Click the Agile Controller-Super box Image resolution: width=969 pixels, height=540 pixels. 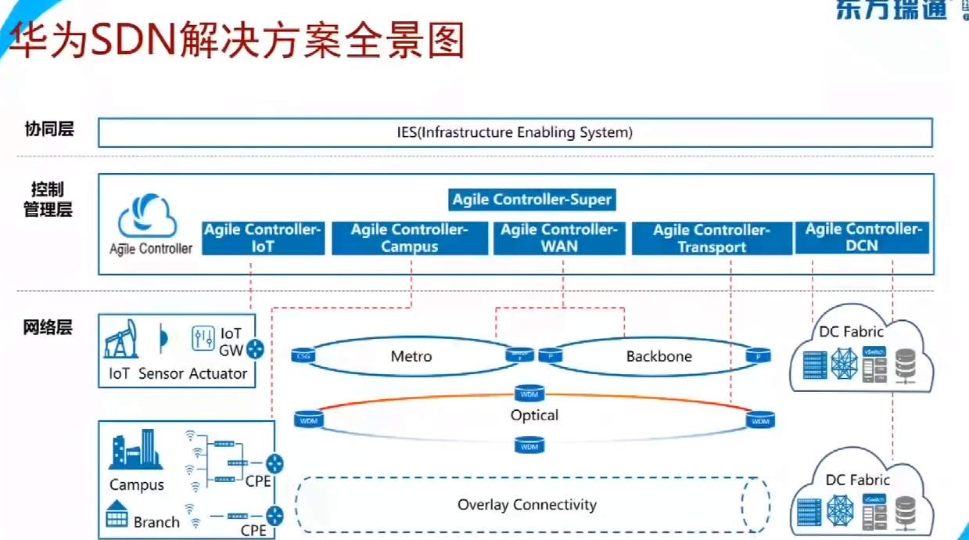tap(532, 200)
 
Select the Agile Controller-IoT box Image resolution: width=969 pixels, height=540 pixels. tap(263, 238)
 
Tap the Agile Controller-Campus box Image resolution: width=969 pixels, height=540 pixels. tap(409, 238)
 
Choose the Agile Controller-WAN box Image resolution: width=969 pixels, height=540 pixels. tap(559, 238)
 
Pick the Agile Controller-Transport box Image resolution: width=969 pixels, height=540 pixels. tap(712, 239)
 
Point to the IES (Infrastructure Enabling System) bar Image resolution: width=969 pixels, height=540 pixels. tap(515, 132)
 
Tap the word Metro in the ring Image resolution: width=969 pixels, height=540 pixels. tap(411, 357)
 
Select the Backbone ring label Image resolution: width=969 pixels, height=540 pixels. tap(659, 357)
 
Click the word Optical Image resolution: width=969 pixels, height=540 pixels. tap(534, 416)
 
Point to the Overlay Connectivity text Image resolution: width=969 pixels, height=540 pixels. tap(527, 505)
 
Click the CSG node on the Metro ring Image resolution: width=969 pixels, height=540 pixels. tap(303, 357)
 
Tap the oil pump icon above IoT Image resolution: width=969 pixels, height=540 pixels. tap(120, 338)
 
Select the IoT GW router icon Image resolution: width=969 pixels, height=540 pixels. tap(255, 350)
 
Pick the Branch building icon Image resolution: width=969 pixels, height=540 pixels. tap(117, 514)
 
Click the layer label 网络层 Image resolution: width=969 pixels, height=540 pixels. tap(48, 328)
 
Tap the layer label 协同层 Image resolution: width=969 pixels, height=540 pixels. tap(48, 129)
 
